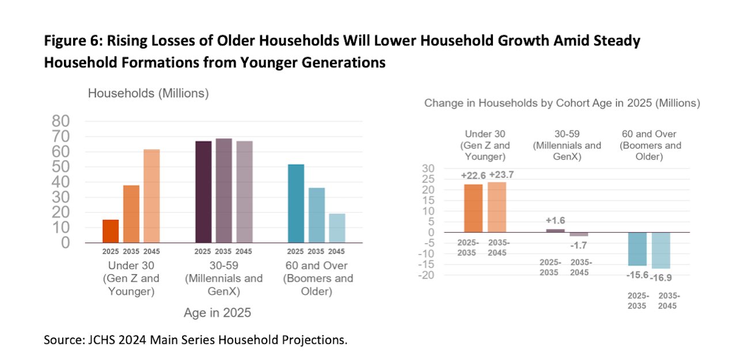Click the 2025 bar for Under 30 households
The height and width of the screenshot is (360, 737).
coord(111,232)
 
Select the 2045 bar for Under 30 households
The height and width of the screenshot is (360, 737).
coord(151,196)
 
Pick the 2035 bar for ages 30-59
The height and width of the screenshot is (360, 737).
coord(224,191)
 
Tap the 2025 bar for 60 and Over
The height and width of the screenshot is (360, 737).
coord(296,204)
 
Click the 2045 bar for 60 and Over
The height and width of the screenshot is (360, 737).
coord(337,228)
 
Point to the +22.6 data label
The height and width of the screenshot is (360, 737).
coord(473,176)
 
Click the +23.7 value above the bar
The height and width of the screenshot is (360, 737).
coord(502,175)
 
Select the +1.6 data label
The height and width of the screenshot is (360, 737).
coord(556,220)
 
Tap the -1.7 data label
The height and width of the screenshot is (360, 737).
coord(579,245)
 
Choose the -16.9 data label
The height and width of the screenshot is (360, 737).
coord(661,278)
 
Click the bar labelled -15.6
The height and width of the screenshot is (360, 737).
coord(637,249)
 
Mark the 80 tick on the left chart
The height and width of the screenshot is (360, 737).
coord(61,121)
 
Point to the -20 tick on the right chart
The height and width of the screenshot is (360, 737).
coord(427,275)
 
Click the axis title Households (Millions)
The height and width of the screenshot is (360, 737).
coord(149,93)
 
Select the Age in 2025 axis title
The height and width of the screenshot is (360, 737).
coord(218,313)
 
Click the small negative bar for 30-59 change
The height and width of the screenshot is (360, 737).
coord(579,234)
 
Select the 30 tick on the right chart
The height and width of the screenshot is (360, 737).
coord(428,169)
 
